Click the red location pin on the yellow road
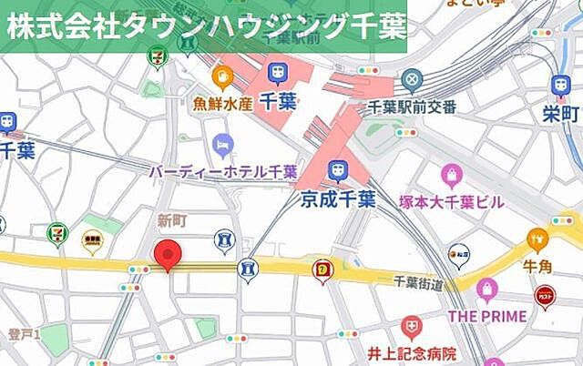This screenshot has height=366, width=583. tap(165, 255)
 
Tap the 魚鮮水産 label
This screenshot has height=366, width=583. tap(222, 103)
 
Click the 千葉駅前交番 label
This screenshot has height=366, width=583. tap(413, 107)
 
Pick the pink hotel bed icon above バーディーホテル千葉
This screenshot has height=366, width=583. tap(223, 144)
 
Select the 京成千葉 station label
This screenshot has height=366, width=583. tap(338, 200)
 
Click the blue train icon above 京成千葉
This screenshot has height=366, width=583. tap(338, 170)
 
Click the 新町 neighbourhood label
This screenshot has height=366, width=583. tap(171, 219)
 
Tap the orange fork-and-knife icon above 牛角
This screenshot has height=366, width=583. tap(537, 240)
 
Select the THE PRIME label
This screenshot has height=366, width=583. tap(487, 316)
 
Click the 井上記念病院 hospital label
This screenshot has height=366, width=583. tap(412, 352)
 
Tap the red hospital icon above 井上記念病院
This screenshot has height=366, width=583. tap(412, 325)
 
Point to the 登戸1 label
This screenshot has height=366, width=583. tap(25, 335)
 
